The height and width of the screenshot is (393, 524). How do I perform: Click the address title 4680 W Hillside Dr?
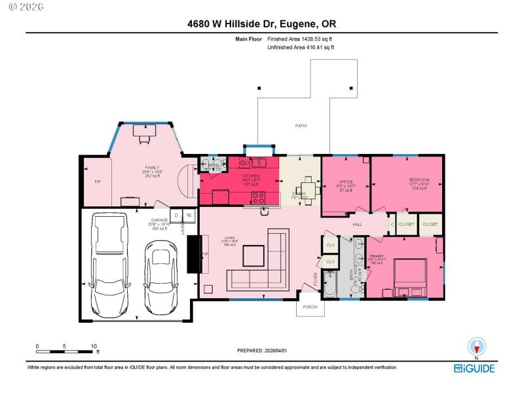tap(262, 24)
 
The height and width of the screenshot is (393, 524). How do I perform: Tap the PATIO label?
tap(301, 126)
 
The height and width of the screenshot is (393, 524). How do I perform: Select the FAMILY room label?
tap(152, 168)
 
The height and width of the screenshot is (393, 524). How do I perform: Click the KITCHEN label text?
tap(252, 176)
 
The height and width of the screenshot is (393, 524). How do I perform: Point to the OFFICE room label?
tap(346, 181)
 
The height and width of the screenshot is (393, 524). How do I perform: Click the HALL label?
tap(358, 225)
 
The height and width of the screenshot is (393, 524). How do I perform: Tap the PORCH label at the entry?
tap(310, 306)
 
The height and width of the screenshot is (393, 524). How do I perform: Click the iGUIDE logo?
tap(476, 369)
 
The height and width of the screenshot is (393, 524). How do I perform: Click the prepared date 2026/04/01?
tap(262, 350)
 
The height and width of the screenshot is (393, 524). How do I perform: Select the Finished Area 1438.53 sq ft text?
tap(304, 39)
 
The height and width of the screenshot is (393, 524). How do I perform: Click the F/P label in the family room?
tap(98, 181)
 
